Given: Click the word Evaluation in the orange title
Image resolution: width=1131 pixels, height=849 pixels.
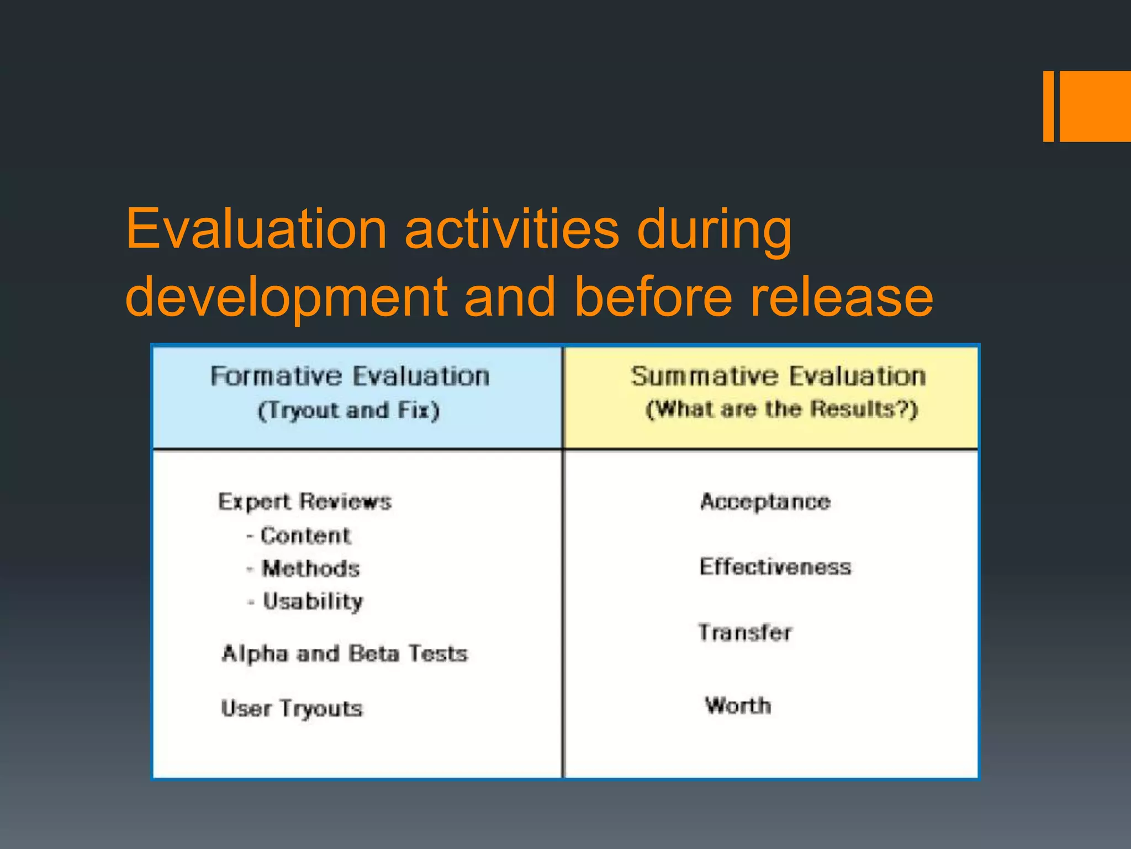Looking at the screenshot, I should (256, 229).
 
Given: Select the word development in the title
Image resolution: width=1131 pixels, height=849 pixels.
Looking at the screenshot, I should (287, 298).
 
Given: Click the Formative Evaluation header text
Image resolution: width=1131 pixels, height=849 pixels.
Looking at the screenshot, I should (350, 376).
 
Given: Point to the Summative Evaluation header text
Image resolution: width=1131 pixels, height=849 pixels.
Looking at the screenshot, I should (779, 376).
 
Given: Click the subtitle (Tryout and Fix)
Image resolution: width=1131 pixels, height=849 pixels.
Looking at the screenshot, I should (348, 411).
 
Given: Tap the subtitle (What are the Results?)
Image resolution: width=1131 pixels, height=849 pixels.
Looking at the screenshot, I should (781, 410).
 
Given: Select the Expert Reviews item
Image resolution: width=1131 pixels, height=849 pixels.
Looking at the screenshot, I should (305, 502).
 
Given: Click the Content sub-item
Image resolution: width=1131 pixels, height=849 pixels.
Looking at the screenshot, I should (305, 536).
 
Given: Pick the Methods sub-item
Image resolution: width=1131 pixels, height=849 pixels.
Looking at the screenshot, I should (311, 569).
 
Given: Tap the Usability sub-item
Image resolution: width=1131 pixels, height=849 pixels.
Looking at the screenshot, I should (313, 602).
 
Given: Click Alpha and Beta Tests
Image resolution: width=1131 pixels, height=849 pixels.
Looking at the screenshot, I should (345, 654).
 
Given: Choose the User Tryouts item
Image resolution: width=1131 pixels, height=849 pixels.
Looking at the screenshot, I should (292, 709).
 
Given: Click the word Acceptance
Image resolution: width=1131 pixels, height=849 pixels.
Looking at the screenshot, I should (765, 502).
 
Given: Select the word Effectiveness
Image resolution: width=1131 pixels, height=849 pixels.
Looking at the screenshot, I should (775, 567).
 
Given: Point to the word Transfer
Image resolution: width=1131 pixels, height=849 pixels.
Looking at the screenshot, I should (745, 633).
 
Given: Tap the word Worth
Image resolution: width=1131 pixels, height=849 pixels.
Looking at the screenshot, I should (738, 706).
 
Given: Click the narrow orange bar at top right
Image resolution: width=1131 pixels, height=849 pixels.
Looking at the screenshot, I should (1048, 106).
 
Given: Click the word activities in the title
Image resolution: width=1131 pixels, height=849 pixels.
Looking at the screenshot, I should (512, 229).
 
